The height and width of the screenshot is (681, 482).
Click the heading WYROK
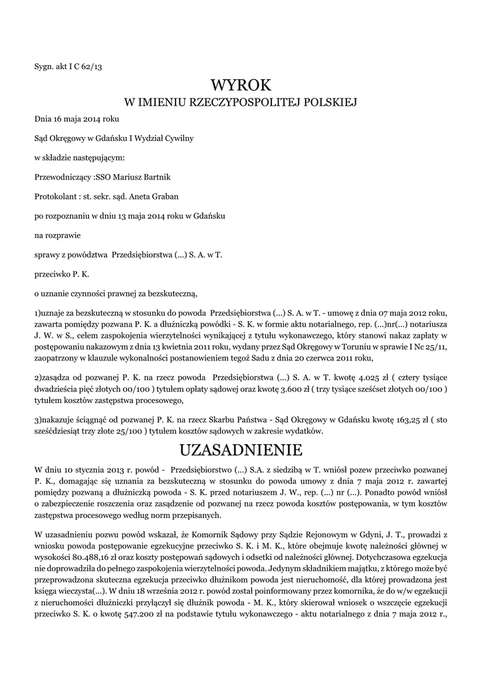point(241,84)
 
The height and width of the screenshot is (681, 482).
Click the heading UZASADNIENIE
point(241,450)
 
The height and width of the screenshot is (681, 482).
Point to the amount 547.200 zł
point(134,615)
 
